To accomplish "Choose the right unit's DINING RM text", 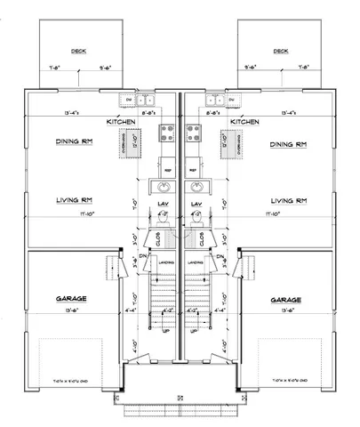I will [289, 144].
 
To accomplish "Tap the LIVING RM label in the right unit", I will [289, 201].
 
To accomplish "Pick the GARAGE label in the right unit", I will [291, 300].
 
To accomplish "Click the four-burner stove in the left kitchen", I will [165, 134].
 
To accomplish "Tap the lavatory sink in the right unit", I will [196, 187].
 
